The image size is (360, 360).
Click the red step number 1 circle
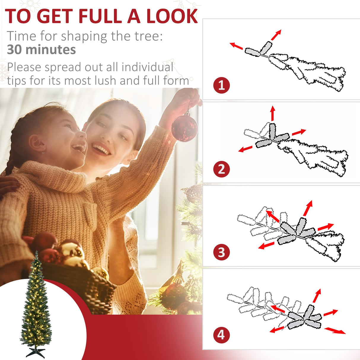pos(222,85)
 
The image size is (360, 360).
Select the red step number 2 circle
pos(222,169)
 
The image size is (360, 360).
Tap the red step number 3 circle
pos(222,252)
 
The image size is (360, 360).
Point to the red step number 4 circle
pos(221,335)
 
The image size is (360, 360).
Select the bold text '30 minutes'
pos(41,50)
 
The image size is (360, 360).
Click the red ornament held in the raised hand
pos(184,128)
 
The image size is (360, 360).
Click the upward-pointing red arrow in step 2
pos(273,113)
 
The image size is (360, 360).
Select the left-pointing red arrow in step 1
pos(236,46)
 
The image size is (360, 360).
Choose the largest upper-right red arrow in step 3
pos(308,208)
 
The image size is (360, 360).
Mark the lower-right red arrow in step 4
pos(335,330)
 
